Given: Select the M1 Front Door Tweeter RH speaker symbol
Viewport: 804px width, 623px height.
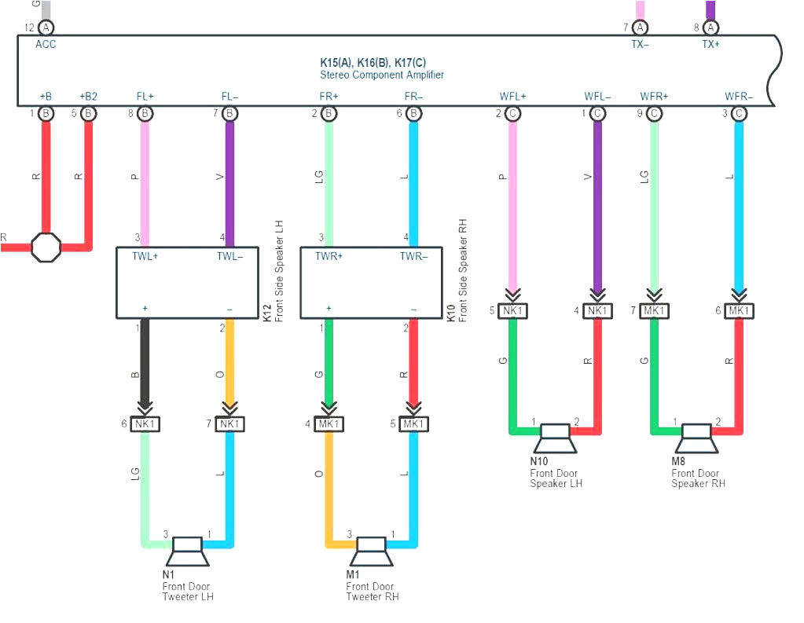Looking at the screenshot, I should coord(372,552).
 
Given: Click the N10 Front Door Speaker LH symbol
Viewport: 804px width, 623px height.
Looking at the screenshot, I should coord(556,438).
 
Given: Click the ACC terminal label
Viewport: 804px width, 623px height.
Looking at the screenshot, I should coord(46,44).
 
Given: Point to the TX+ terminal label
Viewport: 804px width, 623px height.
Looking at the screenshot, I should coord(710,44).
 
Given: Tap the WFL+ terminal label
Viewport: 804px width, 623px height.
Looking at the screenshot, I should coord(512,97).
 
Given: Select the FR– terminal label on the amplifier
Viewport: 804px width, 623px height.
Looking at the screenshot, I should coord(413,97).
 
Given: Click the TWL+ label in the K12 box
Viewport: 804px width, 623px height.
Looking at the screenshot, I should coord(145,256).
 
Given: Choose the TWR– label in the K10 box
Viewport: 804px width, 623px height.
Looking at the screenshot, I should coord(413,256).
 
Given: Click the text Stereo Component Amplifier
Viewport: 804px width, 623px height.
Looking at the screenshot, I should coord(382,75).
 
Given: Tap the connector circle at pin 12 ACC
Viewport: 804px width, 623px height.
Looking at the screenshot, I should coord(46,27).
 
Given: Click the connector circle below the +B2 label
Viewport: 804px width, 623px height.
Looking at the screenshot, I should coord(89,113).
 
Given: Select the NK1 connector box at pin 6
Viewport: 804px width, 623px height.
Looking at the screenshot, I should coord(145,424).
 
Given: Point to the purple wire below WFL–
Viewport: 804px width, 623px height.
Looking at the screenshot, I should coord(597,204).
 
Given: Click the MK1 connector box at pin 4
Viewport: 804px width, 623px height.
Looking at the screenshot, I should coord(329,424).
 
